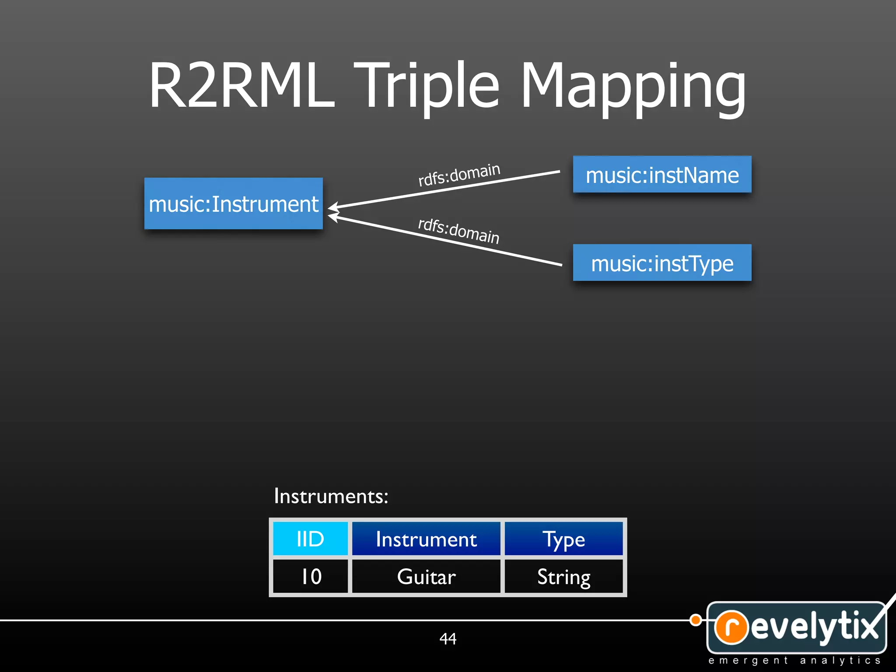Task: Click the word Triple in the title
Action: point(427,85)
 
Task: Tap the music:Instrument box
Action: point(234,203)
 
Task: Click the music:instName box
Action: point(662,175)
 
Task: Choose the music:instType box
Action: point(662,263)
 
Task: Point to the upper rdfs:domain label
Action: point(459,174)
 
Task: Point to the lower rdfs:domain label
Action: point(459,231)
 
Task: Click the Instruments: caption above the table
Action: point(331,496)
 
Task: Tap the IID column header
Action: point(310,539)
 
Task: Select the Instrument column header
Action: point(426,539)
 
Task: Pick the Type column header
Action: point(563,539)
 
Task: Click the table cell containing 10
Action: point(310,576)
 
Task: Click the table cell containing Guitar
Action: point(426,576)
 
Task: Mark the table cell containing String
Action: point(563,576)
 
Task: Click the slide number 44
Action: point(448,639)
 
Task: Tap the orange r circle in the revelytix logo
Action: point(731,627)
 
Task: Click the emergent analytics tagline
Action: point(794,660)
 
